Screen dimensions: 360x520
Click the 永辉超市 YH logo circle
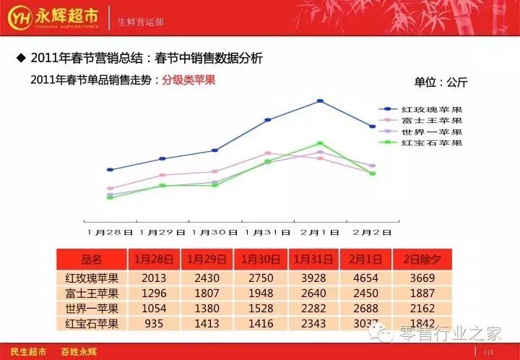click(20, 17)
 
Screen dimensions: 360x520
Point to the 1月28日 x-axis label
click(110, 232)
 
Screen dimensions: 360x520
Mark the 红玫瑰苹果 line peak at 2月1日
click(320, 101)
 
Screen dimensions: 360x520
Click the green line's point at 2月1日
click(320, 143)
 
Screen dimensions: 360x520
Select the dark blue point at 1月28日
click(110, 170)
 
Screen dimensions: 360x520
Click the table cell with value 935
click(154, 324)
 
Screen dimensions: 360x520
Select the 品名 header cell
click(92, 260)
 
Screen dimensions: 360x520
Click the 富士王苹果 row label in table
click(92, 293)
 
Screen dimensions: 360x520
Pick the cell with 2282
click(313, 309)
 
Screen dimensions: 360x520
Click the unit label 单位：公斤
click(441, 82)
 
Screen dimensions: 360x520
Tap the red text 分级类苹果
click(188, 80)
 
